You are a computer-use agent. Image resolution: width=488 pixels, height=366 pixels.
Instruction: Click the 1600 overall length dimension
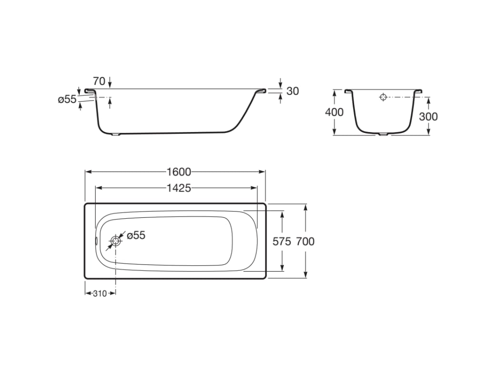point(179,172)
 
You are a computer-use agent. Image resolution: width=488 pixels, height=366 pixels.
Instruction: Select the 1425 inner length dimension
point(179,188)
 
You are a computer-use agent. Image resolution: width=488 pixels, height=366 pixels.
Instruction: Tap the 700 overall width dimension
point(305,241)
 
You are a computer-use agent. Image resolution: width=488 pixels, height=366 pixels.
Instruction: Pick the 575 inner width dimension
point(282,241)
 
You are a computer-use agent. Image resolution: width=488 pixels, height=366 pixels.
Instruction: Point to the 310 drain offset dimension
point(100,293)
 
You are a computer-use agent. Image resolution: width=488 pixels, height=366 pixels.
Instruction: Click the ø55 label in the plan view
point(136,235)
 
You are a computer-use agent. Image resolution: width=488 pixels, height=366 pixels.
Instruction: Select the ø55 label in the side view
point(67,99)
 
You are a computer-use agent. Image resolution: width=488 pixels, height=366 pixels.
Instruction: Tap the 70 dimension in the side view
point(99,81)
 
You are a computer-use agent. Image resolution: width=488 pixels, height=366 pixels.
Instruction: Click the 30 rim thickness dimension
point(293,91)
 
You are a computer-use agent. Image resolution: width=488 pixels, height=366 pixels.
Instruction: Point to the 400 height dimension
point(334,112)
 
